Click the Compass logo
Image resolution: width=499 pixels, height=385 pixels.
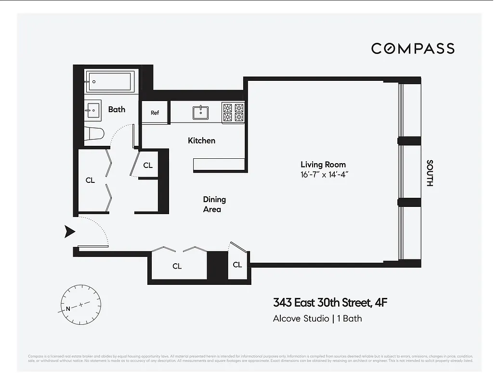click(412, 48)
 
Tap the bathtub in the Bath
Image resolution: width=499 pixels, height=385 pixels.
click(110, 82)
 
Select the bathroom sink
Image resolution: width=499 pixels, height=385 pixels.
click(93, 110)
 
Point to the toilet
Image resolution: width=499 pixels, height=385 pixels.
click(94, 133)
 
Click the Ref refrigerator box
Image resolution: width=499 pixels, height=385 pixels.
click(155, 113)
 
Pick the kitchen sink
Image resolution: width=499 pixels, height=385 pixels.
click(200, 113)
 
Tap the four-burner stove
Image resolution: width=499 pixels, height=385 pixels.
click(233, 113)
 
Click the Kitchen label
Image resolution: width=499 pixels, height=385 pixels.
click(201, 141)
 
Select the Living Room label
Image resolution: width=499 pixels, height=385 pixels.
click(323, 165)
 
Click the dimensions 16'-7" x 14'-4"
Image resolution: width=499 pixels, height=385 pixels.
click(324, 175)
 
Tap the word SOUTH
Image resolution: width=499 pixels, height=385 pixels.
click(430, 173)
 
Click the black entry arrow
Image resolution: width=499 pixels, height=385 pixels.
click(70, 232)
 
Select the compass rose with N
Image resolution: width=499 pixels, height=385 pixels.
click(80, 305)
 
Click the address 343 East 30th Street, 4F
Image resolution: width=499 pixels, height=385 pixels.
click(330, 303)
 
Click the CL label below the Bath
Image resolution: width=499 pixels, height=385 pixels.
click(90, 180)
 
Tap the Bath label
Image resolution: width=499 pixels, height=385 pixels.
click(117, 109)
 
